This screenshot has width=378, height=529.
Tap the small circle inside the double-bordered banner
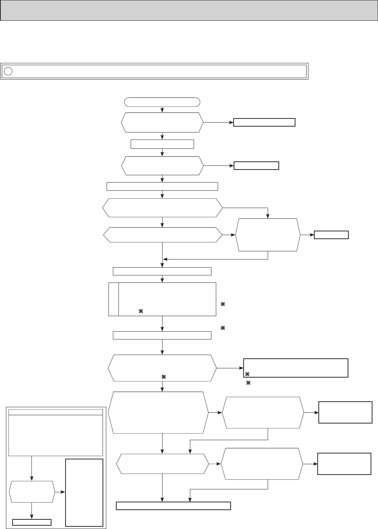pyautogui.click(x=9, y=71)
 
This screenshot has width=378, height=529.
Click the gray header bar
pyautogui.click(x=189, y=10)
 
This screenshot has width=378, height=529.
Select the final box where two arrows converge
pyautogui.click(x=173, y=506)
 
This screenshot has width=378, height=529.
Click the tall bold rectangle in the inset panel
pyautogui.click(x=84, y=492)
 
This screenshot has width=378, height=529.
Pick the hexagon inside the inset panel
pyautogui.click(x=32, y=492)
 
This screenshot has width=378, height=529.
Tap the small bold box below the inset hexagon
pyautogui.click(x=32, y=522)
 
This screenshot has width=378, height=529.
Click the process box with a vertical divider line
pyautogui.click(x=162, y=299)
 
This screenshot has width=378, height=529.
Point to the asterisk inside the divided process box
pyautogui.click(x=141, y=312)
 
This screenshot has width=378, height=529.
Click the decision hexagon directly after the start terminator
pyautogui.click(x=162, y=122)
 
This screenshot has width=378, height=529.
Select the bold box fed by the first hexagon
pyautogui.click(x=264, y=123)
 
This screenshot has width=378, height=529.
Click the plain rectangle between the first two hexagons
pyautogui.click(x=162, y=144)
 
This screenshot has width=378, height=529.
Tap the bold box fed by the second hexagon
pyautogui.click(x=256, y=165)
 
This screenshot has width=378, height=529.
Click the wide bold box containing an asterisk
pyautogui.click(x=295, y=368)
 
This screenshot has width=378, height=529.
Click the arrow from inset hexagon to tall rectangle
pyautogui.click(x=60, y=492)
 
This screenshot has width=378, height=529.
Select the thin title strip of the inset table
pyautogui.click(x=56, y=412)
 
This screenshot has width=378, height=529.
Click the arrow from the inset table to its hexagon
pyautogui.click(x=32, y=468)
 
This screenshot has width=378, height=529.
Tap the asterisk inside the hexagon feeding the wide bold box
pyautogui.click(x=163, y=377)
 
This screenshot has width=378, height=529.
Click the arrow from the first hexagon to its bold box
pyautogui.click(x=218, y=123)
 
